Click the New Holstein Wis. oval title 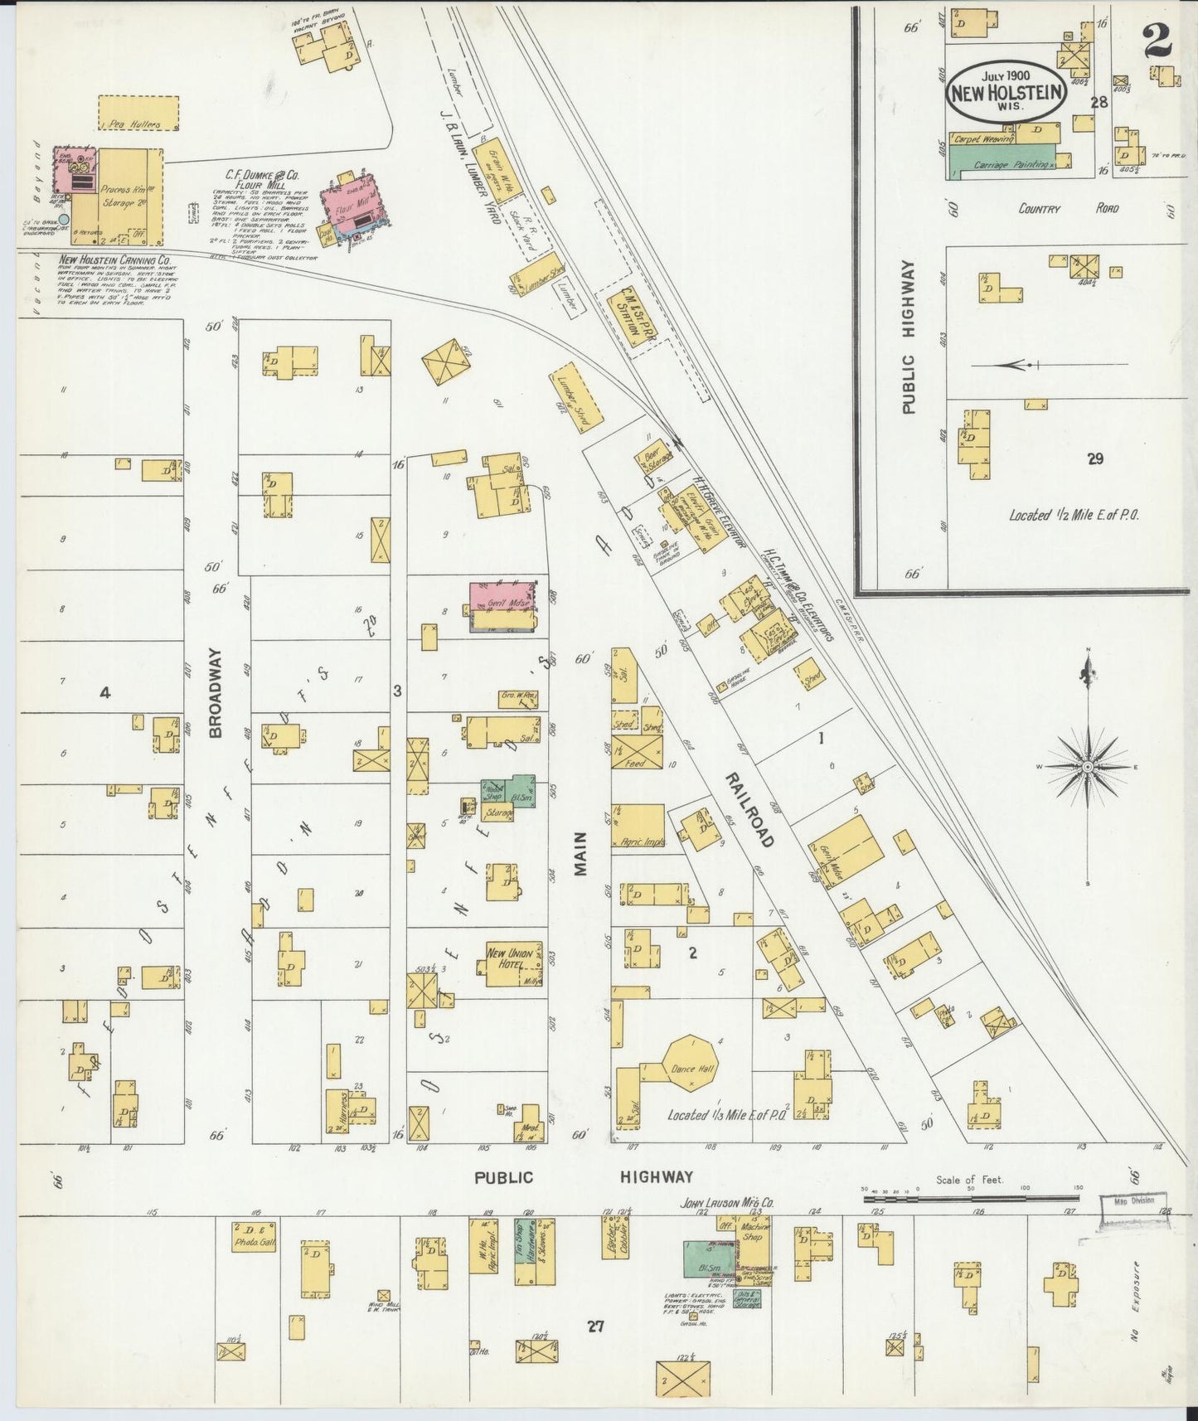[1006, 91]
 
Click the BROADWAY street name [216, 693]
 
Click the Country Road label [1068, 209]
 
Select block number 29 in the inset [1095, 458]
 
